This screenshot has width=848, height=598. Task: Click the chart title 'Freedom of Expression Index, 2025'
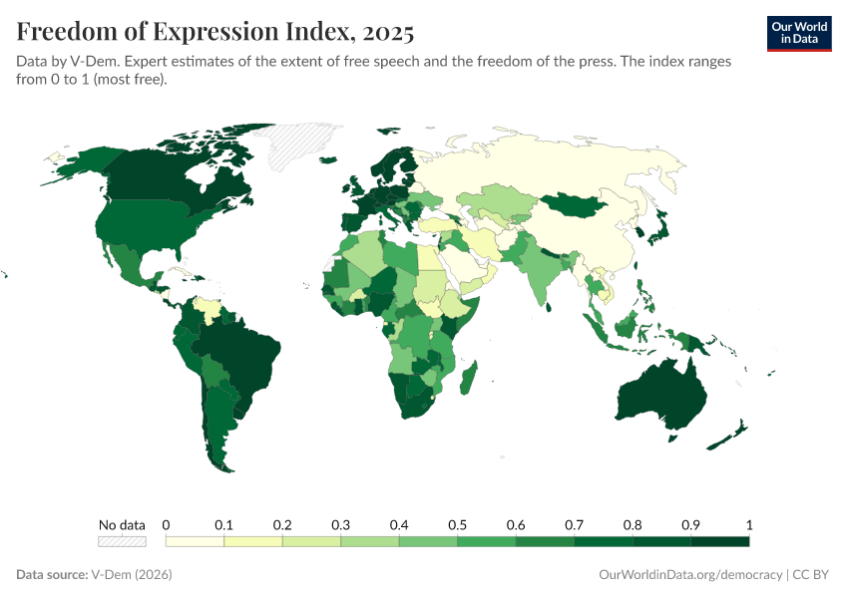(x=214, y=32)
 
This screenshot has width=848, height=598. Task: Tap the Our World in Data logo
(x=798, y=32)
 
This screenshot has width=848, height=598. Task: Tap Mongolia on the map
(x=577, y=205)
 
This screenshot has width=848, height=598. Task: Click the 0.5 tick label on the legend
(x=457, y=525)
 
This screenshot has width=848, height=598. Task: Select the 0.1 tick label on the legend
(x=223, y=525)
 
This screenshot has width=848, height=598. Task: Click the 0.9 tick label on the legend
(x=690, y=525)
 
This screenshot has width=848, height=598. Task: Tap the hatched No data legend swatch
(x=122, y=542)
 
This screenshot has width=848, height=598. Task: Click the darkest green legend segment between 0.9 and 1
(x=719, y=542)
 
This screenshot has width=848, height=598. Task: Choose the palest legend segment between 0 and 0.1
(x=195, y=542)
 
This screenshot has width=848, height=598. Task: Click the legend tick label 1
(x=748, y=525)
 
